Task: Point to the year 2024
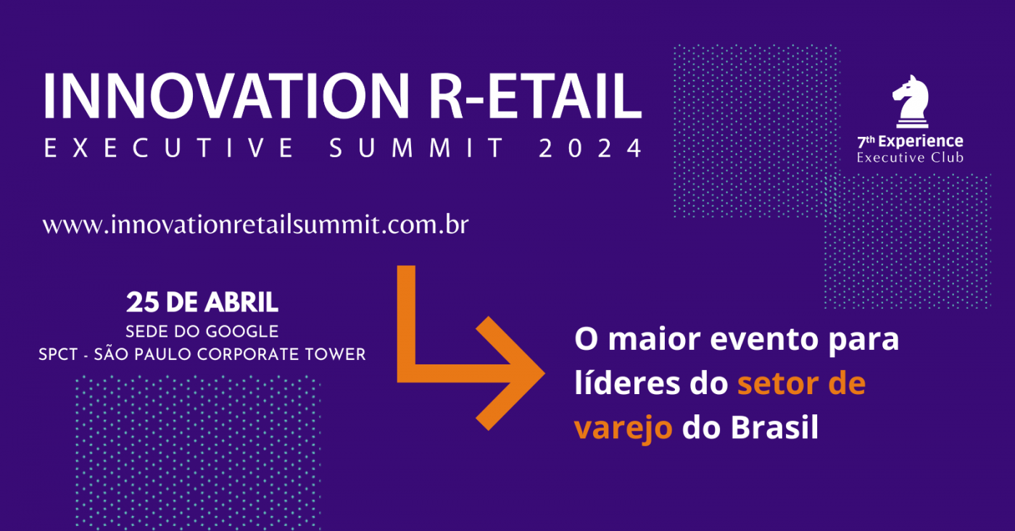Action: (591, 149)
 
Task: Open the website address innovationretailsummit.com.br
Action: (255, 225)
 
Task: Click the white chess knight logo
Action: (910, 102)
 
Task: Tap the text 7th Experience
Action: (910, 142)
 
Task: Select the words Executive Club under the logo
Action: (910, 157)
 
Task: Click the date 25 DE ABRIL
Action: (202, 302)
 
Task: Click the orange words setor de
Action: (801, 384)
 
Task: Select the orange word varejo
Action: (623, 428)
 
